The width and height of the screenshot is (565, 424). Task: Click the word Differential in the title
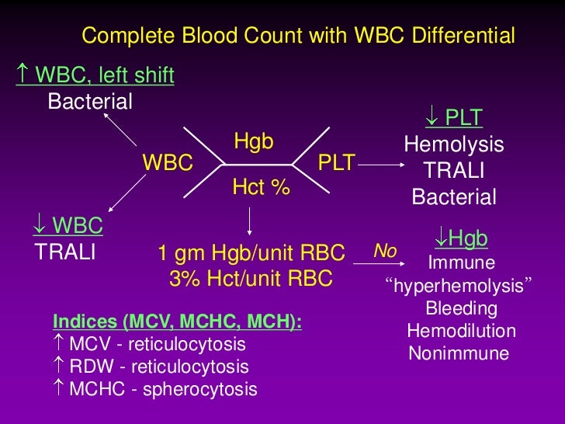click(x=462, y=36)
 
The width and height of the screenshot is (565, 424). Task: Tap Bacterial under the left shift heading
click(x=90, y=102)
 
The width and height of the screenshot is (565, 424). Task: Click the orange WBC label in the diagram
click(x=167, y=163)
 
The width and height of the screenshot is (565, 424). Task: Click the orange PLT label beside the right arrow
click(x=337, y=163)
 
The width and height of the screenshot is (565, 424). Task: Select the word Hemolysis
click(x=454, y=145)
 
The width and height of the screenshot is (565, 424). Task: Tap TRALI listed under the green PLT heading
click(x=454, y=171)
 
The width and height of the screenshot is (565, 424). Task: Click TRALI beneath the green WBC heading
click(x=65, y=252)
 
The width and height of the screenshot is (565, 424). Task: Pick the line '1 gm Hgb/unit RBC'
click(x=251, y=253)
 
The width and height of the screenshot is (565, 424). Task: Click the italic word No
click(x=386, y=251)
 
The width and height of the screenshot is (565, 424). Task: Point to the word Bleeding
click(x=462, y=309)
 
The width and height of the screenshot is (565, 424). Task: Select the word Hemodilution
click(x=462, y=332)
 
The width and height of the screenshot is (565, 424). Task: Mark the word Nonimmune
click(x=459, y=354)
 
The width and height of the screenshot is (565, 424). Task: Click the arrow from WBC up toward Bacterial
click(x=122, y=131)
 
